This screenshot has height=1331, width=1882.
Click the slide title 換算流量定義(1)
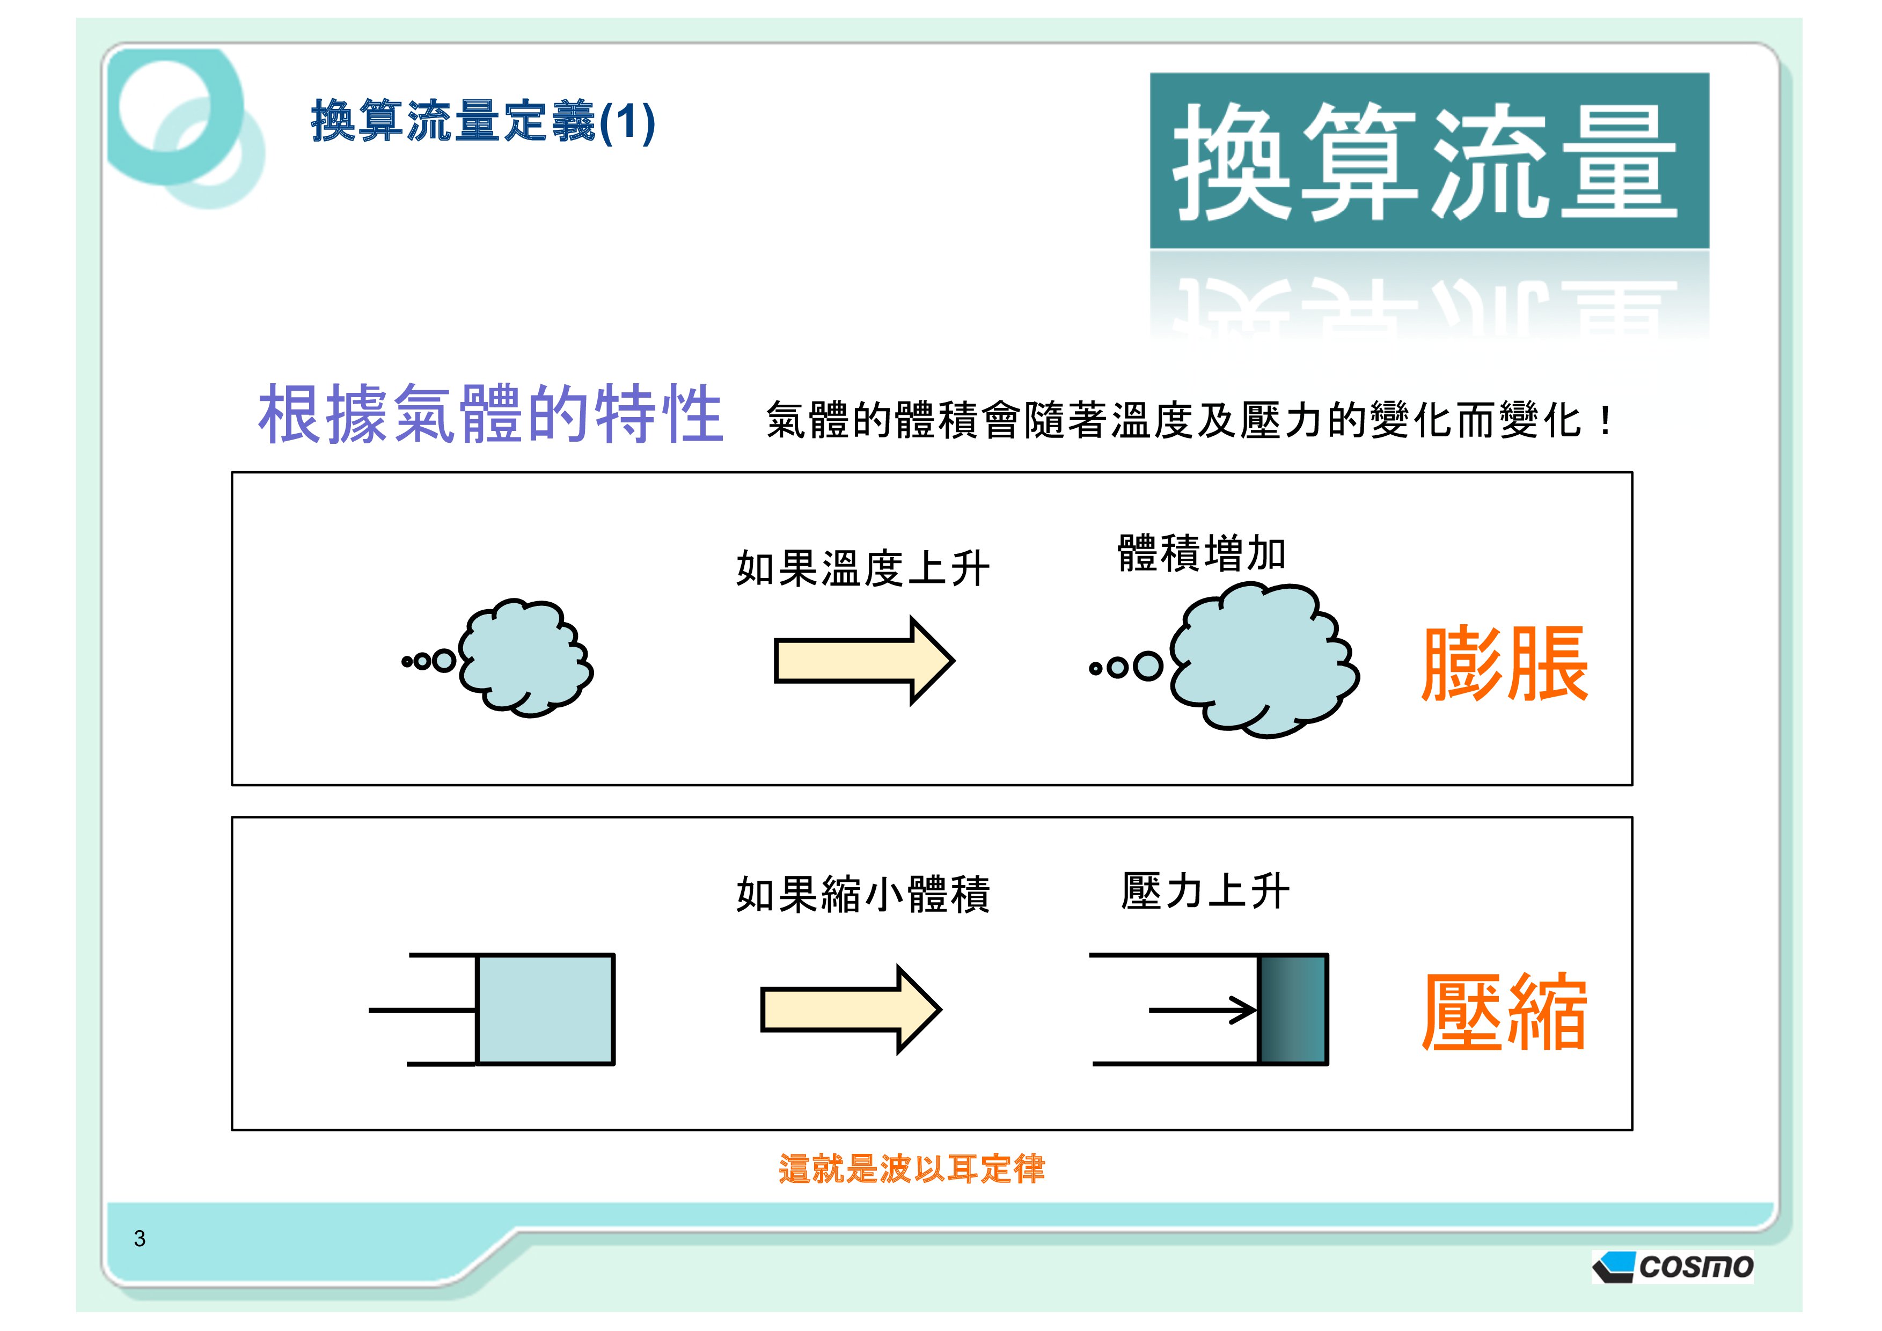pyautogui.click(x=483, y=122)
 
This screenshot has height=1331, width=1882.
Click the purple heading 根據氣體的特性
pyautogui.click(x=490, y=415)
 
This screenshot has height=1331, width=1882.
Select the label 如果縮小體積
pyautogui.click(x=862, y=894)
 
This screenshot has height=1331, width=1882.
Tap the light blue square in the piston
pyautogui.click(x=545, y=1009)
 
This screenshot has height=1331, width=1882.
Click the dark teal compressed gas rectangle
pyautogui.click(x=1293, y=1009)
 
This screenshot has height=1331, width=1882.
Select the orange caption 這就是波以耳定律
pyautogui.click(x=912, y=1169)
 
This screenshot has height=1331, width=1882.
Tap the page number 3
pyautogui.click(x=140, y=1238)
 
